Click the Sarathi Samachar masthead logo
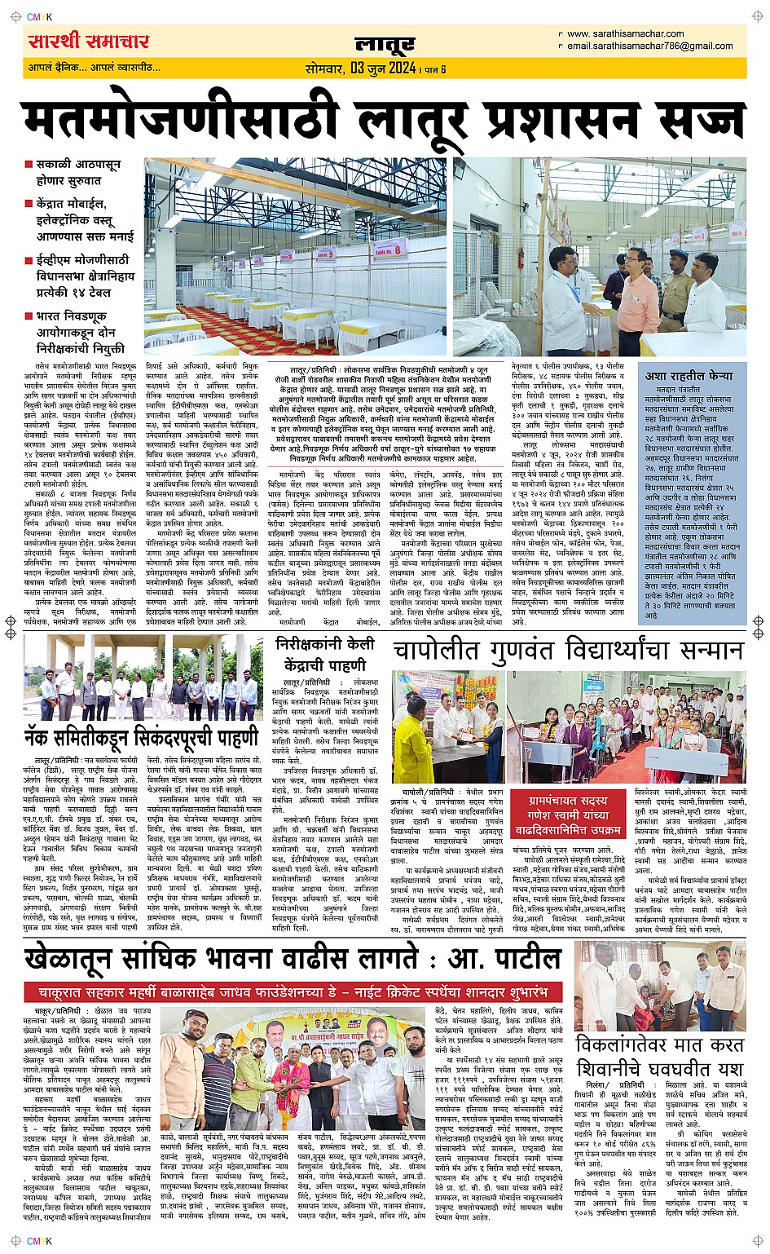click(x=88, y=41)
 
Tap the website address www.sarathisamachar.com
click(x=625, y=34)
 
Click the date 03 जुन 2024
click(x=384, y=68)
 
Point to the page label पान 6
click(x=435, y=69)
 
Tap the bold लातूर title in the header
click(x=385, y=44)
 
